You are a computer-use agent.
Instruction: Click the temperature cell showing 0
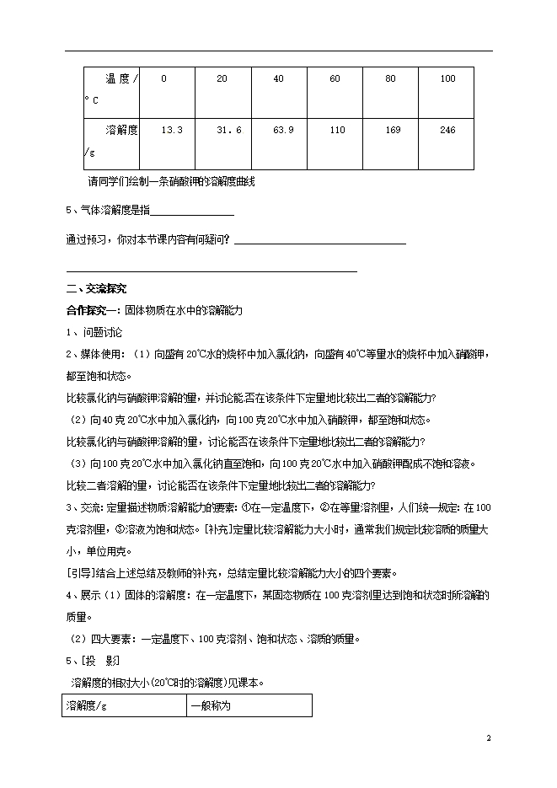click(163, 79)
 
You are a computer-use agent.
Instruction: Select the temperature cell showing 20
click(222, 79)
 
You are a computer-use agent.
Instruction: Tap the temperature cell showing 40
click(278, 79)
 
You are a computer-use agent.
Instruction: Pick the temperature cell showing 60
click(335, 79)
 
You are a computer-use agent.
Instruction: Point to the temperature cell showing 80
click(390, 79)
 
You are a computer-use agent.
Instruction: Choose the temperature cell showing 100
click(448, 79)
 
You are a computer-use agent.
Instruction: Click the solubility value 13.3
click(172, 130)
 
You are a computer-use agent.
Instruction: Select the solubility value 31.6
click(229, 130)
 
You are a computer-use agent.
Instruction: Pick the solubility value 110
click(337, 130)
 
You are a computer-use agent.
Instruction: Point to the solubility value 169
click(393, 130)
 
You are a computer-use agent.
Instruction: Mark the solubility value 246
click(448, 130)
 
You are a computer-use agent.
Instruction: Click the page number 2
click(488, 738)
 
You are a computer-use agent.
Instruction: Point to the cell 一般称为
click(211, 705)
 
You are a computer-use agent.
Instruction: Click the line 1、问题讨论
click(94, 333)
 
